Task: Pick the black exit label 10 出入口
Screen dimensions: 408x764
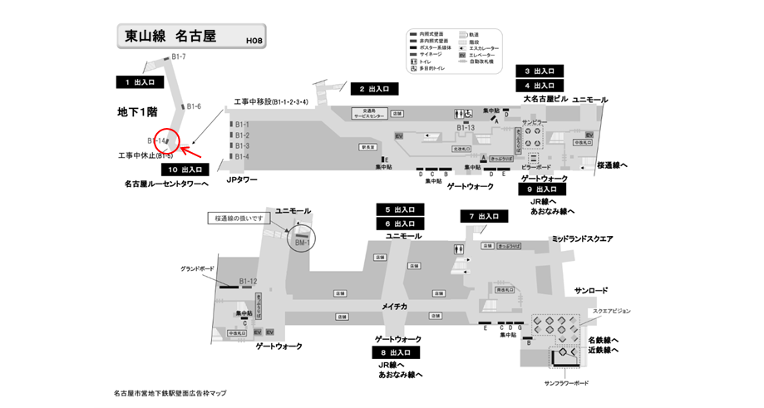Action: pos(184,170)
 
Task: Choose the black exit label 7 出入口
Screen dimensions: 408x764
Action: pos(485,216)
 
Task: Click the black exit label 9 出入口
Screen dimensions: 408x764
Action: pos(543,189)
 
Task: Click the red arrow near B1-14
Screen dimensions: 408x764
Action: pos(191,152)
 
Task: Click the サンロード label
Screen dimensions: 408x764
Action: pos(591,290)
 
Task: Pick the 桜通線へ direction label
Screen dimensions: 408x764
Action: pos(612,165)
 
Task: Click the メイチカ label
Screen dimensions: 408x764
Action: pos(394,307)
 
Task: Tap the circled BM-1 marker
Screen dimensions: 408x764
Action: pos(301,239)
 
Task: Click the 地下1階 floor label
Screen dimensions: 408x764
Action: pos(136,111)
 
